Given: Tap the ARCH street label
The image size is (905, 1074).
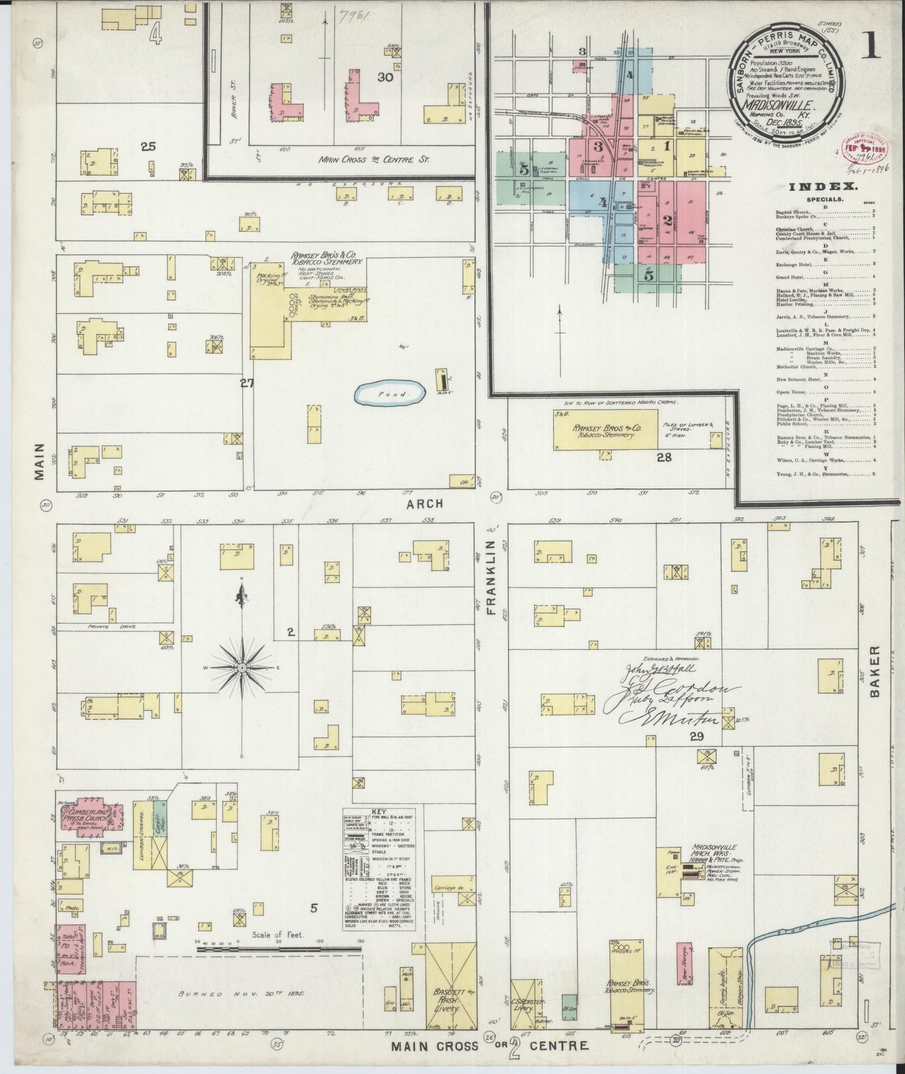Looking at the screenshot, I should coord(428,503).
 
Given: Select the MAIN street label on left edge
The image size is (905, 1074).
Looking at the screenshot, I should coord(40,462).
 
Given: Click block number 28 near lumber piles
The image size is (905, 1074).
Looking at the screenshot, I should coord(665,457).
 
